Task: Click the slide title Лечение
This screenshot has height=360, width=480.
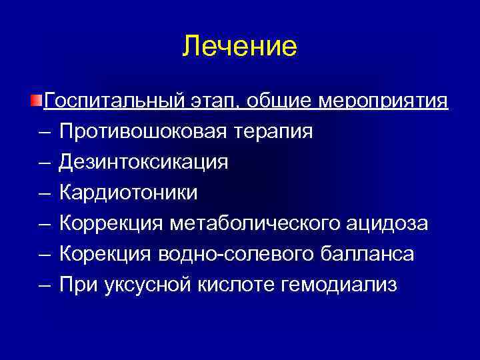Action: click(240, 47)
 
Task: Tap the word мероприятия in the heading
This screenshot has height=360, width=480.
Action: click(384, 101)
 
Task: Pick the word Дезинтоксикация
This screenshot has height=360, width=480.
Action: click(144, 162)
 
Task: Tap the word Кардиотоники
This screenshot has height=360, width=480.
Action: click(129, 193)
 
